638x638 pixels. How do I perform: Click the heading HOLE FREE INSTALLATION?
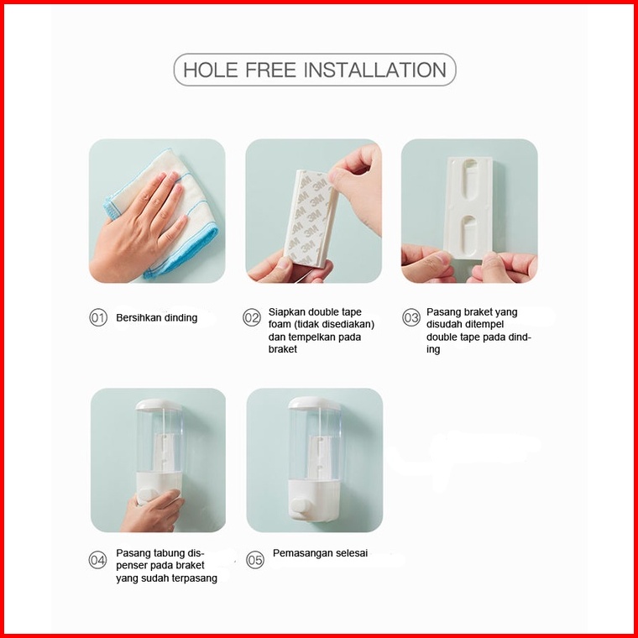coord(315,70)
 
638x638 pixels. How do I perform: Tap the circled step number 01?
coord(98,317)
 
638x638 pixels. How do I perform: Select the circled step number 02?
coord(252,317)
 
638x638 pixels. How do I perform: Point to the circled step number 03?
coord(411,317)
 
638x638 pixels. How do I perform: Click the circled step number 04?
coord(97,560)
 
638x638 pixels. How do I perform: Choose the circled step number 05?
coord(255,560)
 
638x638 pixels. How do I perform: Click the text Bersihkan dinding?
coord(157,318)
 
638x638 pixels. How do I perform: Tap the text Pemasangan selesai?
coord(320,553)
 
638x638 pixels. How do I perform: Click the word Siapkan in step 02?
coord(286,312)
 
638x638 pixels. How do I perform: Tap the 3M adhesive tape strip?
coord(311,218)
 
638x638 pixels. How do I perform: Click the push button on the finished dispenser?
coord(301,505)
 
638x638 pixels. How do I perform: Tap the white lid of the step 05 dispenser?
coord(315,403)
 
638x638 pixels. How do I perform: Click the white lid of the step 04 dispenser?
coord(159,405)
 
